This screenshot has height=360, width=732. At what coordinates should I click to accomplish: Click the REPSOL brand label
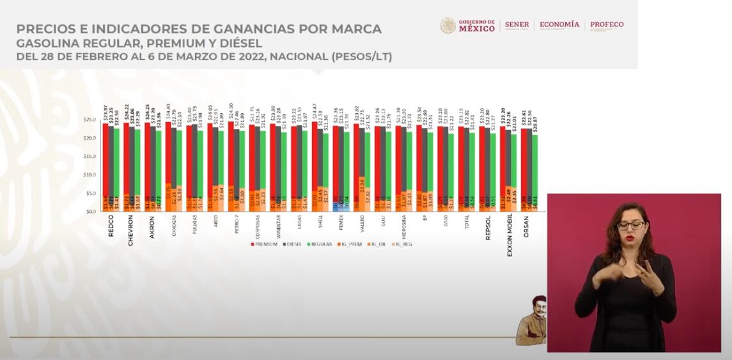click(488, 228)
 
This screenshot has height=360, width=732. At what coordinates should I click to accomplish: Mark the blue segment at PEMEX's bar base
click(335, 206)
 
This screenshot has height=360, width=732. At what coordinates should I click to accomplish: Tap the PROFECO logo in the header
click(606, 25)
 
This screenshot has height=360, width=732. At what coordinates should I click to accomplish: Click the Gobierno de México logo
click(467, 26)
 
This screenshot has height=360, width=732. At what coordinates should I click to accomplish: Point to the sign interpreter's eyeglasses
click(630, 225)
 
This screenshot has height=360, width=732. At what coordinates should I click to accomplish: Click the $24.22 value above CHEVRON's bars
click(126, 112)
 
